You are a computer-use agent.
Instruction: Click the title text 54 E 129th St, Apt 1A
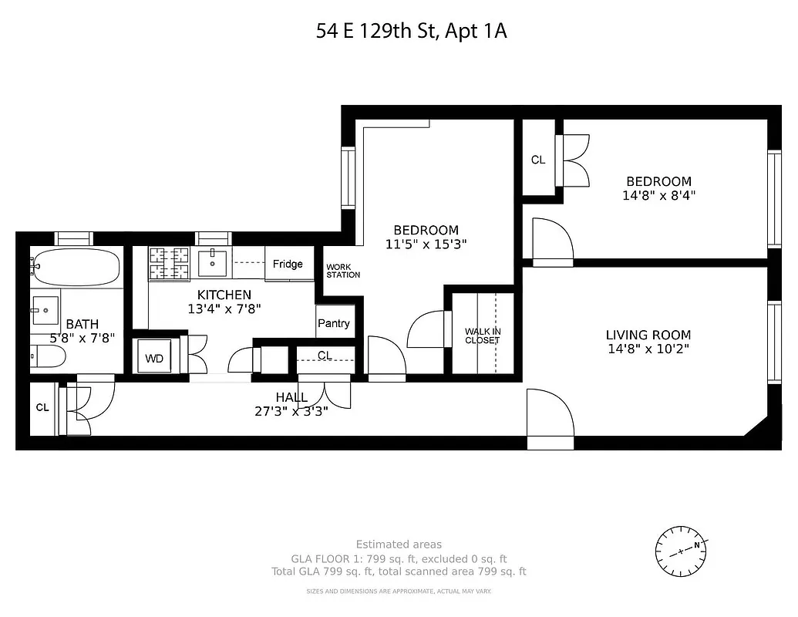(412, 32)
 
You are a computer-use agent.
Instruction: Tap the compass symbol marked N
(681, 551)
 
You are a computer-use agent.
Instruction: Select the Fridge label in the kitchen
(288, 264)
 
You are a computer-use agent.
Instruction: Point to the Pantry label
(334, 323)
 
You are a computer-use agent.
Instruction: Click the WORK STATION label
(343, 271)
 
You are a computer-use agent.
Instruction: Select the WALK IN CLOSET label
(483, 336)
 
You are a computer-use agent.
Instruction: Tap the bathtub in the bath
(76, 267)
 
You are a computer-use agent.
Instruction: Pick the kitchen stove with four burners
(170, 262)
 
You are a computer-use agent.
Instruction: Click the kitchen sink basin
(212, 263)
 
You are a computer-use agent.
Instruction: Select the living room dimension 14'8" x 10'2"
(648, 349)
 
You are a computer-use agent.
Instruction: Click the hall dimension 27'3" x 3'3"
(291, 411)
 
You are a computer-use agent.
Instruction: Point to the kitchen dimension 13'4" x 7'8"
(224, 308)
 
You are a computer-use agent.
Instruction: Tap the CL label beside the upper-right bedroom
(538, 160)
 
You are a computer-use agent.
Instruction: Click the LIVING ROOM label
(648, 335)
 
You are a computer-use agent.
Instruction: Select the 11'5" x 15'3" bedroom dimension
(426, 244)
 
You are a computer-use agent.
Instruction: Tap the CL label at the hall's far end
(42, 407)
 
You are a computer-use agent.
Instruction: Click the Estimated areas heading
(399, 545)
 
